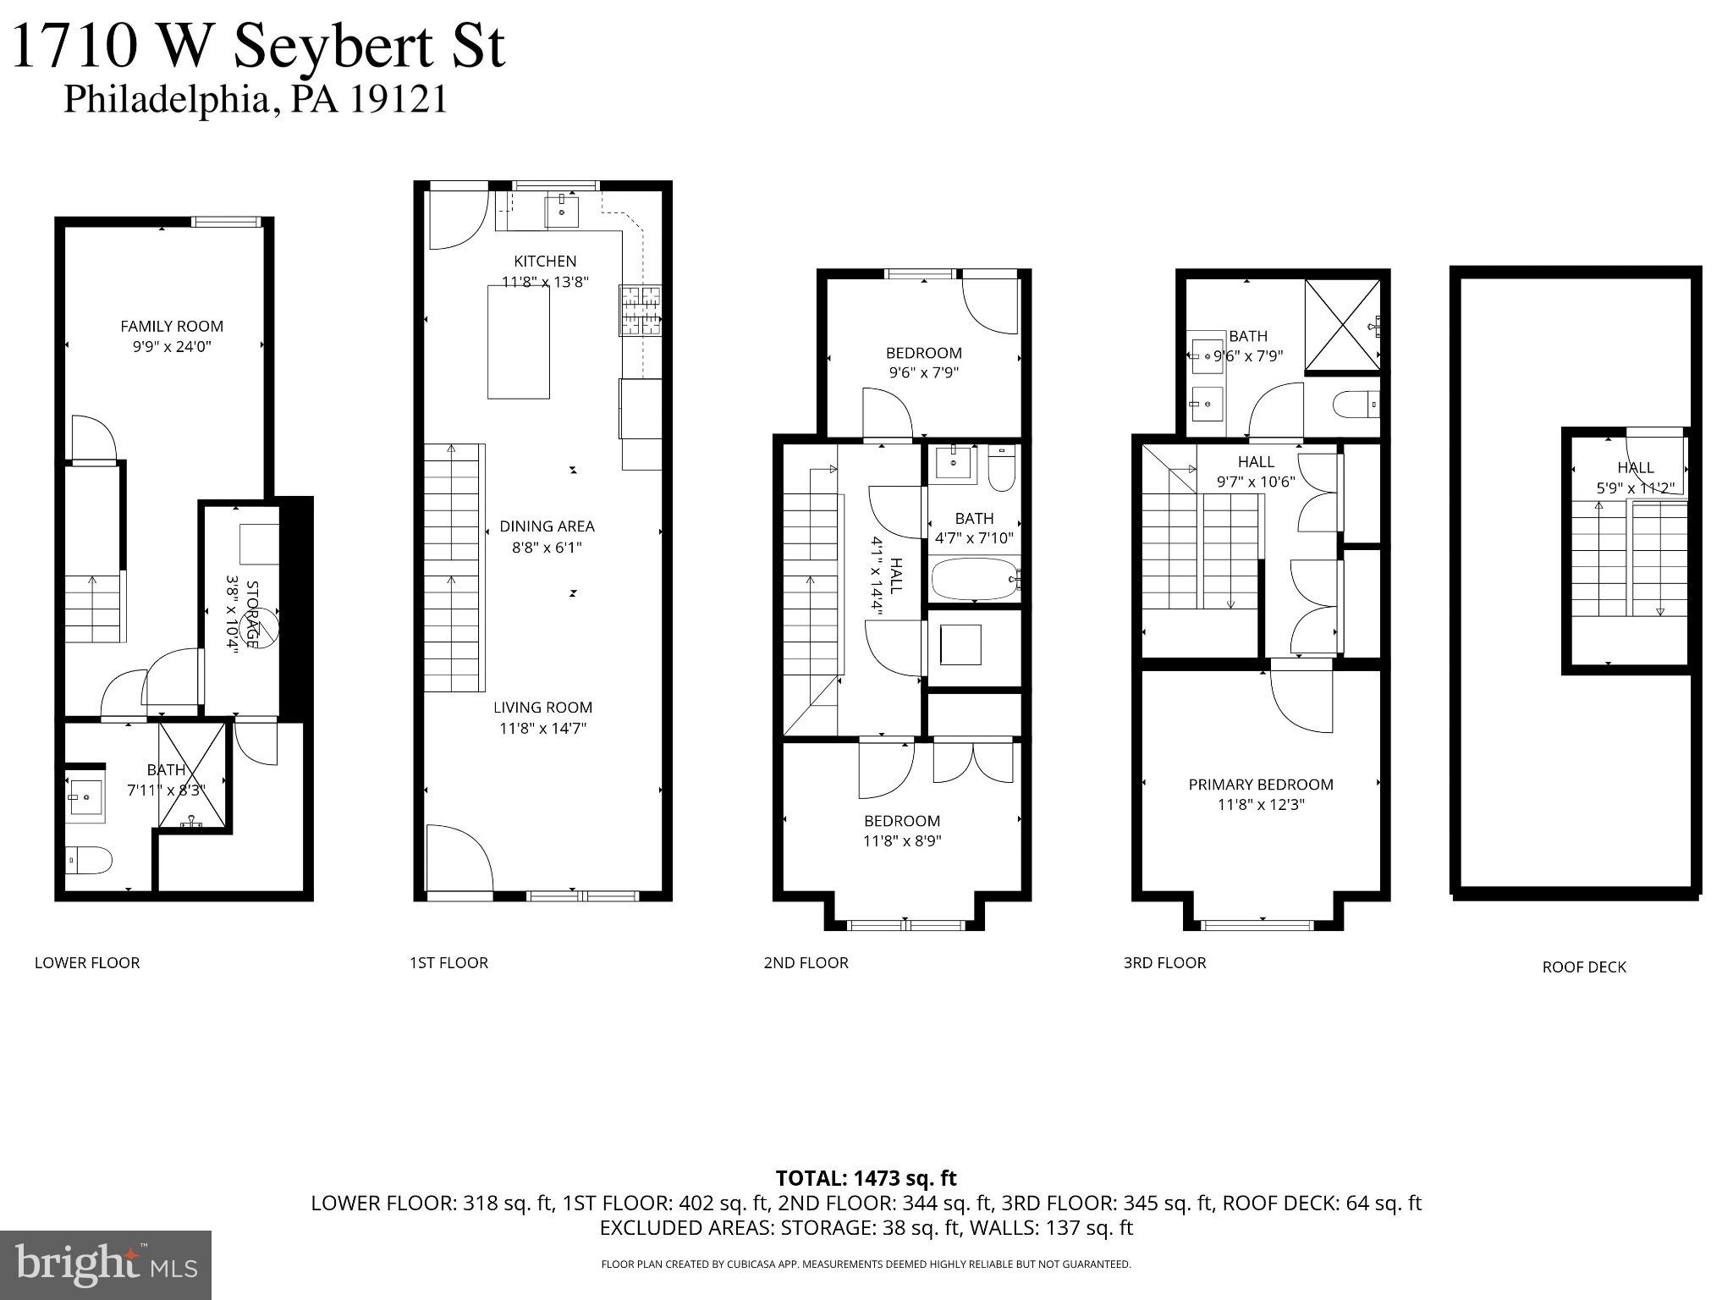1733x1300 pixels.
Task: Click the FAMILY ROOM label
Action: pos(172,326)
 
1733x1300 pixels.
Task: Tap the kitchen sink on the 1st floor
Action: pos(562,208)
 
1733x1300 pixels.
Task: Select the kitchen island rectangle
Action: pos(518,341)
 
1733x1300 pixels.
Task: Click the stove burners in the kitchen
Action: pos(641,311)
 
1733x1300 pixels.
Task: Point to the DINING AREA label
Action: pos(547,526)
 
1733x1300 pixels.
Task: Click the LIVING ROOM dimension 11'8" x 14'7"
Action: pos(542,728)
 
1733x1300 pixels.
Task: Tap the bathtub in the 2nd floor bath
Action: pos(973,579)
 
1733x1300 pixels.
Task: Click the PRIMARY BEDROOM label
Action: pos(1260,785)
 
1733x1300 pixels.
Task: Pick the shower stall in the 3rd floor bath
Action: pos(1342,324)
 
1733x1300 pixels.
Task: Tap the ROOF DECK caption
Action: pos(1583,967)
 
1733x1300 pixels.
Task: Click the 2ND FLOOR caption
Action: pos(806,962)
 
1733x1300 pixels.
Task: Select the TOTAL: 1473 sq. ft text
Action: pos(866,1178)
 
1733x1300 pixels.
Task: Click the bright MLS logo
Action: pos(105,1264)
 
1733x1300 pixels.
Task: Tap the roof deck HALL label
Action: pos(1635,467)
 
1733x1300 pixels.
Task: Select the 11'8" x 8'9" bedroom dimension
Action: pos(902,841)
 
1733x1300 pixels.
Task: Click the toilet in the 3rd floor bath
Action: pos(1356,406)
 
